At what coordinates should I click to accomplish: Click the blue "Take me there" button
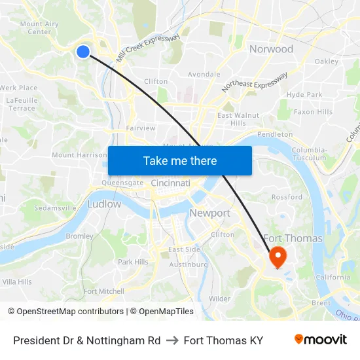(x=180, y=160)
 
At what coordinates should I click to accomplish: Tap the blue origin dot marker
(x=82, y=51)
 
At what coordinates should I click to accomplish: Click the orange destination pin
(x=278, y=257)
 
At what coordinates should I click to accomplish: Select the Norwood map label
(x=271, y=49)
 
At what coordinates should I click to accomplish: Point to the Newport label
(x=209, y=213)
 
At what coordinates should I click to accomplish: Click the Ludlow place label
(x=103, y=204)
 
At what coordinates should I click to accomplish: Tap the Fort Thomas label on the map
(x=293, y=238)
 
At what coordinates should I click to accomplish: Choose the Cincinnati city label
(x=170, y=183)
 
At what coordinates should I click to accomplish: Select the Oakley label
(x=326, y=62)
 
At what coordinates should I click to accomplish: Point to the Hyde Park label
(x=304, y=94)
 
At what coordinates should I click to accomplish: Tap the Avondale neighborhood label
(x=204, y=75)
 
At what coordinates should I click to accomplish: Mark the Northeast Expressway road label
(x=254, y=82)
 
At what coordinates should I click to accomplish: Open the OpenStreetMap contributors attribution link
(x=65, y=312)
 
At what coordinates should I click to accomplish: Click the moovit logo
(x=321, y=340)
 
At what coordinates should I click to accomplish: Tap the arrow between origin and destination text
(x=172, y=340)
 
